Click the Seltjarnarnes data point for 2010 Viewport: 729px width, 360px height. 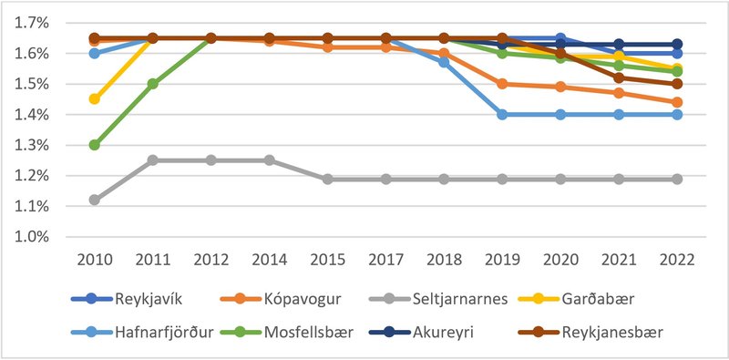[x=94, y=200]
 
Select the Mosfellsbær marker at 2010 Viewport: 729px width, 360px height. [x=94, y=145]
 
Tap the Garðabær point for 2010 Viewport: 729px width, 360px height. [x=94, y=98]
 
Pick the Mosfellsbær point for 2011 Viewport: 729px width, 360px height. [x=153, y=84]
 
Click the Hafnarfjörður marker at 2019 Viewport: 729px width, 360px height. [x=501, y=115]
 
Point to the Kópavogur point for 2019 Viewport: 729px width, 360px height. [x=501, y=84]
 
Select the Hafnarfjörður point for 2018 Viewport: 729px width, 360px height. [x=444, y=62]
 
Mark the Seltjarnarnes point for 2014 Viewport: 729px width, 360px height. [x=269, y=159]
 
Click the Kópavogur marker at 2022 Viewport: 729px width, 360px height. [x=676, y=102]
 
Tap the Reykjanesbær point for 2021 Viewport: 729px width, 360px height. [x=618, y=77]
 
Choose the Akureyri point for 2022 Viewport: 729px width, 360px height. [x=676, y=44]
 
